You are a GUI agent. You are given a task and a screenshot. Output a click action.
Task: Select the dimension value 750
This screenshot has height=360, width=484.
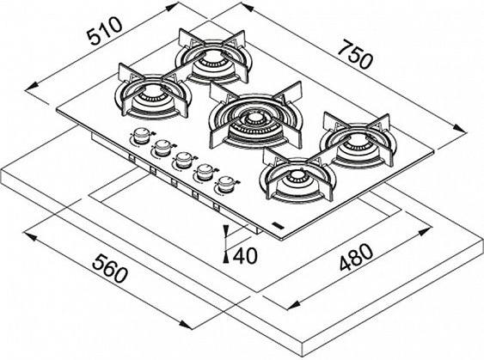(x=355, y=56)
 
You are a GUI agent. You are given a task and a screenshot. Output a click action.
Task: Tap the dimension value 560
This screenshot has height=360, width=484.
(x=109, y=268)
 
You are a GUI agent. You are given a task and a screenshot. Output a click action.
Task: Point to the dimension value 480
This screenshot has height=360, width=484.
(x=357, y=257)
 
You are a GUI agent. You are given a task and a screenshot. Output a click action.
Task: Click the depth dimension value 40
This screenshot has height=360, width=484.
(x=245, y=256)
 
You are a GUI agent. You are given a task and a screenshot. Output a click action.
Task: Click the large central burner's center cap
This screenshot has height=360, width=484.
(x=254, y=119)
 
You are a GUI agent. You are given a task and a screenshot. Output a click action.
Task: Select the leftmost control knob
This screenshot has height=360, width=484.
(x=142, y=136)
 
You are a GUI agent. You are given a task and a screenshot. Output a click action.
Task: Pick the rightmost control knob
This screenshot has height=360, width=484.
(x=225, y=185)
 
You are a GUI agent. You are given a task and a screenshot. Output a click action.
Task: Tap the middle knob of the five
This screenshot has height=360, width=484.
(x=184, y=160)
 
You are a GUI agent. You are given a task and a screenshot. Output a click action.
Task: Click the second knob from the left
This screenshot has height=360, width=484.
(x=162, y=148)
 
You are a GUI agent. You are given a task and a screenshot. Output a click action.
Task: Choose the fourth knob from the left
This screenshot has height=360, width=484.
(x=205, y=173)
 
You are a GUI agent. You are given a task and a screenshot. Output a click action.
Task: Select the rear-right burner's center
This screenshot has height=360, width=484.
(x=358, y=140)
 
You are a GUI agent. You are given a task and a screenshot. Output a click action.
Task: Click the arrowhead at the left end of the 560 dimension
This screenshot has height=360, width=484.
(x=32, y=237)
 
